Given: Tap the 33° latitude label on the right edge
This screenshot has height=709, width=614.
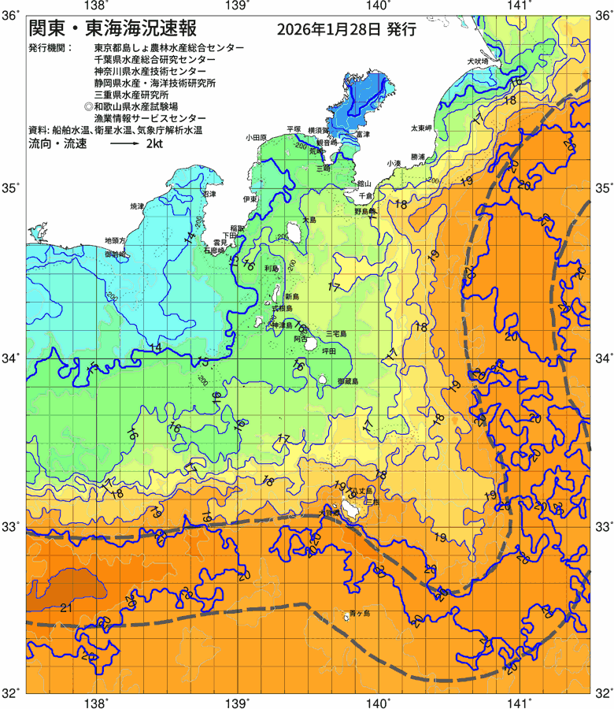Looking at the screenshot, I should [602, 525].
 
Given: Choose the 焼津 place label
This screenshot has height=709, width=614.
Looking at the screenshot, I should [137, 206].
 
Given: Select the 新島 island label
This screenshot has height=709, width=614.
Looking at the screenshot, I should [292, 296].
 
